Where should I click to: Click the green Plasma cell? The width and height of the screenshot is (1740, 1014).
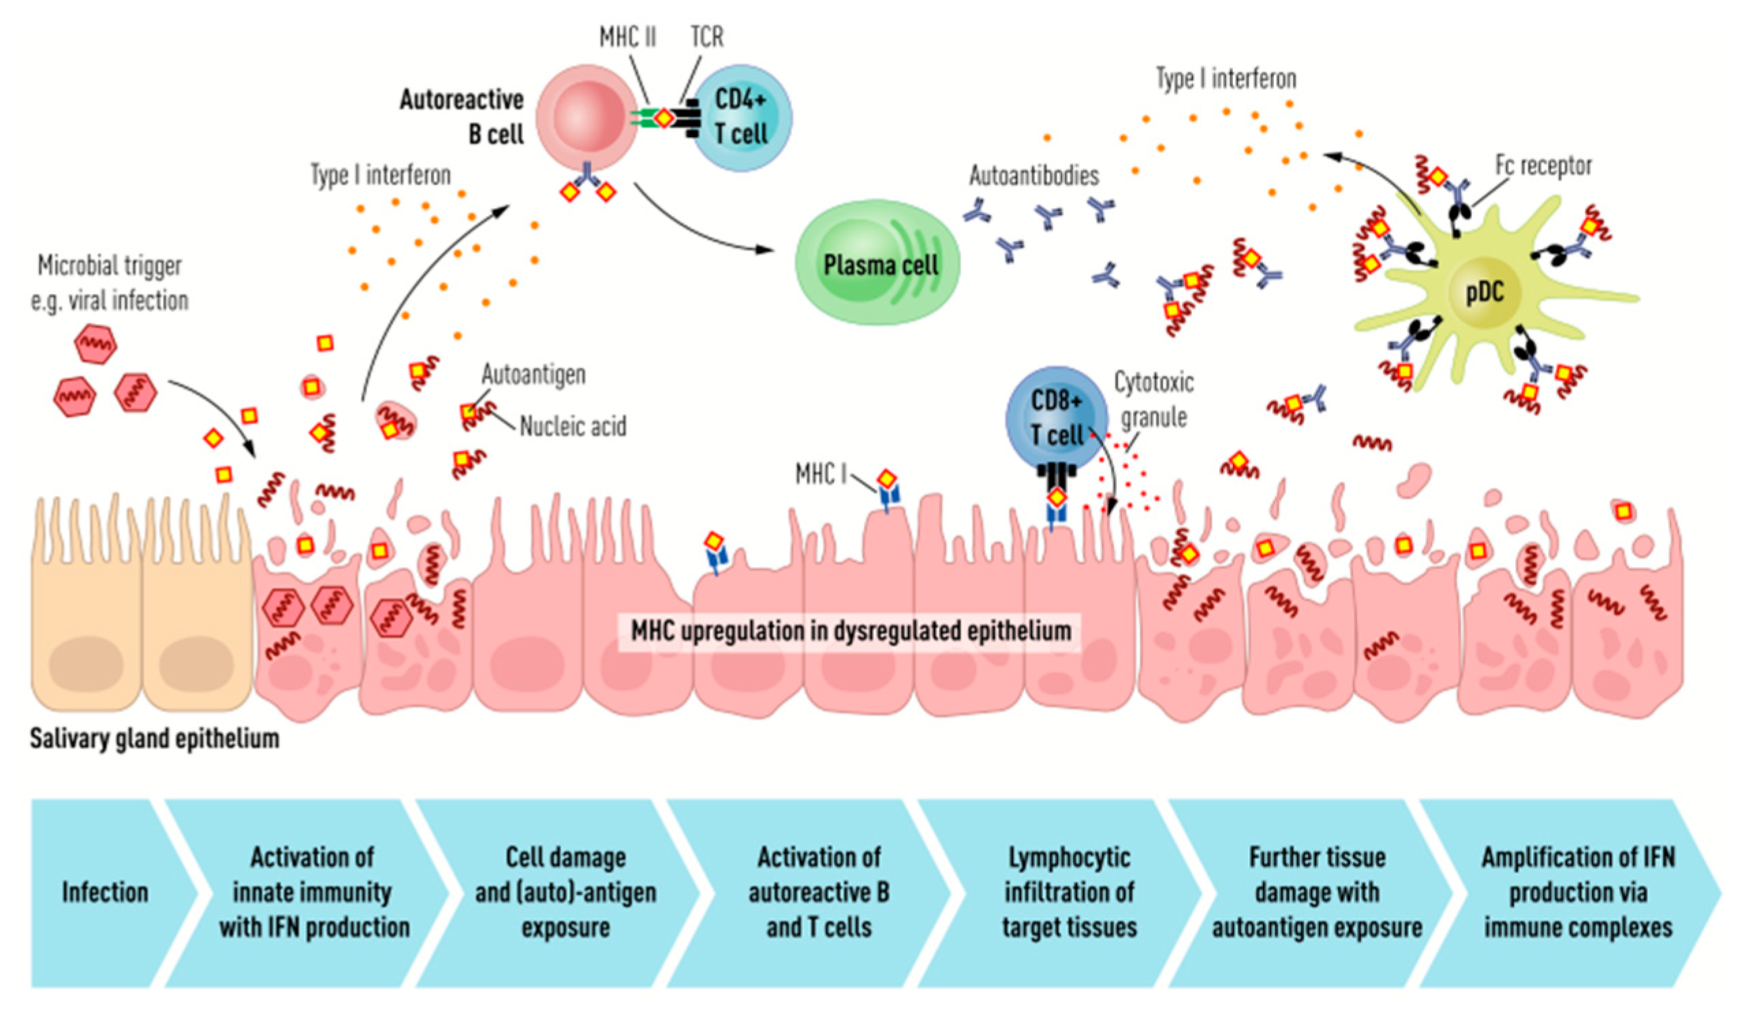pos(878,263)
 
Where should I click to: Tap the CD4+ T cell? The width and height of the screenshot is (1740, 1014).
pos(741,117)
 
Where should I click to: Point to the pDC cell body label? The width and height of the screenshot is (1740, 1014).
pos(1485,293)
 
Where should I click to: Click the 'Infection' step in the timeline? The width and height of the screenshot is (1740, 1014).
pos(105,893)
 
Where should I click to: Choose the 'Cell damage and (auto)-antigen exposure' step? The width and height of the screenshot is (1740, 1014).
pos(565,893)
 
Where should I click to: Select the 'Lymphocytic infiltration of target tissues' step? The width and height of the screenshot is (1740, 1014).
pos(1069,893)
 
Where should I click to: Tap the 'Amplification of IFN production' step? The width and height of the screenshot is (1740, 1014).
pos(1578,893)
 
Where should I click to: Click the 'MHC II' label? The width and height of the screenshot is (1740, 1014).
pos(627,37)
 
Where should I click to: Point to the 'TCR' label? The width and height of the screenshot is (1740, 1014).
pos(707,37)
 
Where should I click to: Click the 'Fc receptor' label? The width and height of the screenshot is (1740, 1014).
pos(1543,166)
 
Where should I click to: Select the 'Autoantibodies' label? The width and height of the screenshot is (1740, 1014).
pos(1033,176)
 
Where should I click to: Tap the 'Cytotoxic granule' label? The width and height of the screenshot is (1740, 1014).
pos(1154,400)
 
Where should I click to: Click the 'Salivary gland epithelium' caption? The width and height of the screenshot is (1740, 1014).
pos(155,738)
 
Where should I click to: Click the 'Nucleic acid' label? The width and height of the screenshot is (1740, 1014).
pos(573,426)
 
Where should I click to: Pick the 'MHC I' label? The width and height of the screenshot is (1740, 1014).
pos(821,474)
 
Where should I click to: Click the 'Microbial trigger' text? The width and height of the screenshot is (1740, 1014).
pos(110,265)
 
